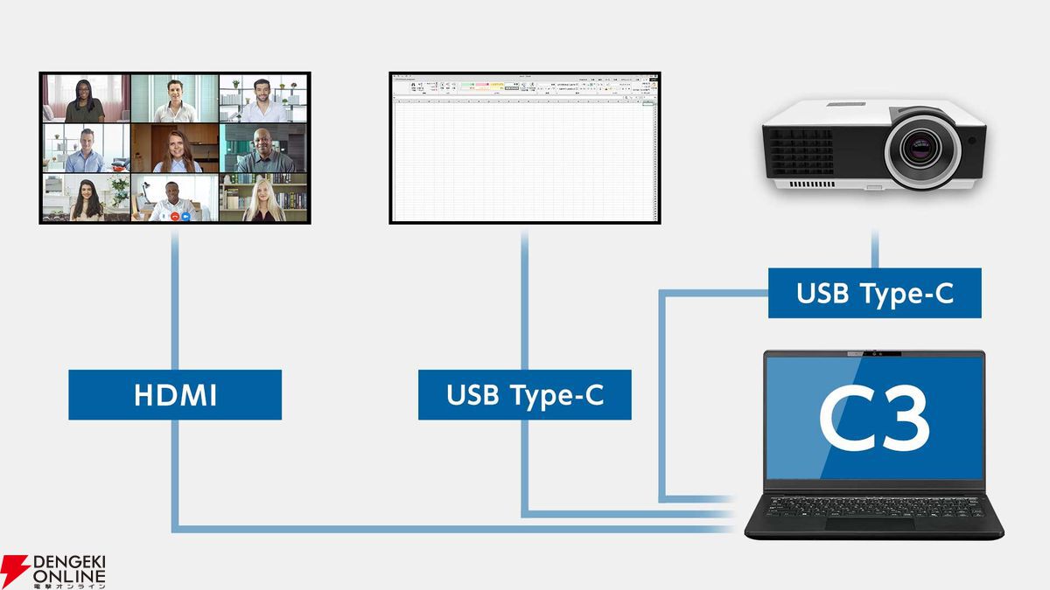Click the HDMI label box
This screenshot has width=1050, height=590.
175,395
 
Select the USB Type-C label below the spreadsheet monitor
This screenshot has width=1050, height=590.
525,395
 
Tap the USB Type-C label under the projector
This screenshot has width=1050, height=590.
874,294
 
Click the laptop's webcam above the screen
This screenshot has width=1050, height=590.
874,354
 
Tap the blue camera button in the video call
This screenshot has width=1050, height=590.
186,215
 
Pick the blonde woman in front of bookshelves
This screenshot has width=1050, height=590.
262,200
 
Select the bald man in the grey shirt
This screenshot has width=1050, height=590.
262,150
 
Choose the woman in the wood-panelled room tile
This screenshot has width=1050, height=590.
175,150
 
